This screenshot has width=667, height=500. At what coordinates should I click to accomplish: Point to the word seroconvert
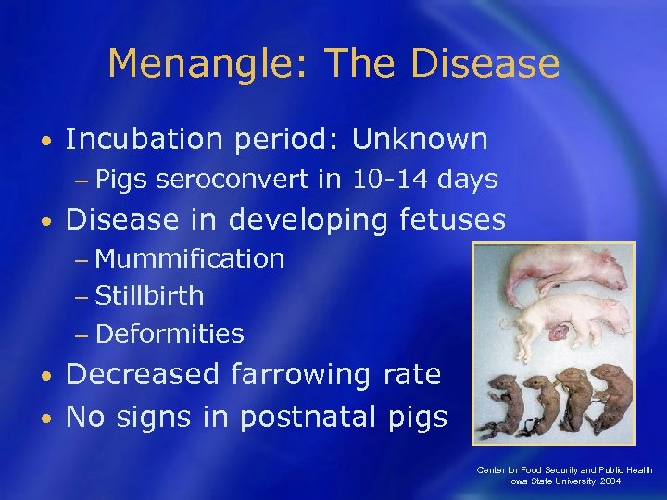point(233,180)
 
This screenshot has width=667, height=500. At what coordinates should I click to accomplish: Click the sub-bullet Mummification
point(189,259)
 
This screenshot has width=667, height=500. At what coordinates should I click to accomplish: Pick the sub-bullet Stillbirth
point(149,296)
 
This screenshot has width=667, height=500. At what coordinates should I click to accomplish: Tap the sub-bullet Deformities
point(169,333)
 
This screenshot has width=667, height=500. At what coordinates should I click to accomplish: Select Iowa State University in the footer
point(552,482)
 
